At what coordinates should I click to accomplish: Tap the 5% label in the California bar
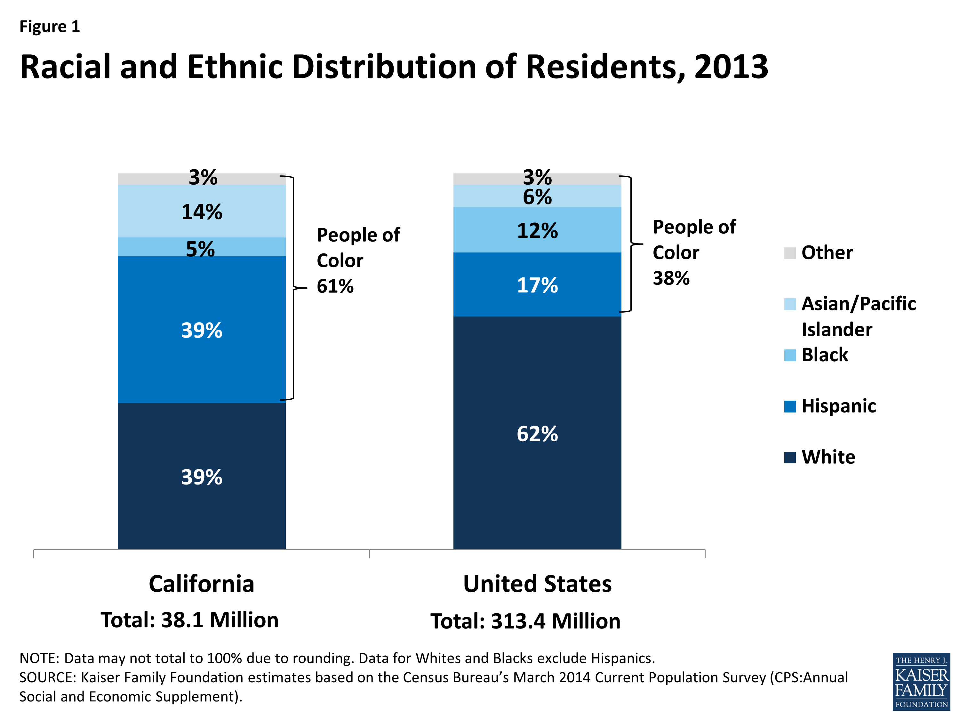click(200, 249)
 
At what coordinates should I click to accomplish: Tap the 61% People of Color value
click(335, 286)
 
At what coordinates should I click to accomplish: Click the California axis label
click(201, 583)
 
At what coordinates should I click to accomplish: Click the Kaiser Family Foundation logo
click(921, 681)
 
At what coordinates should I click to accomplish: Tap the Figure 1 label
click(50, 27)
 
